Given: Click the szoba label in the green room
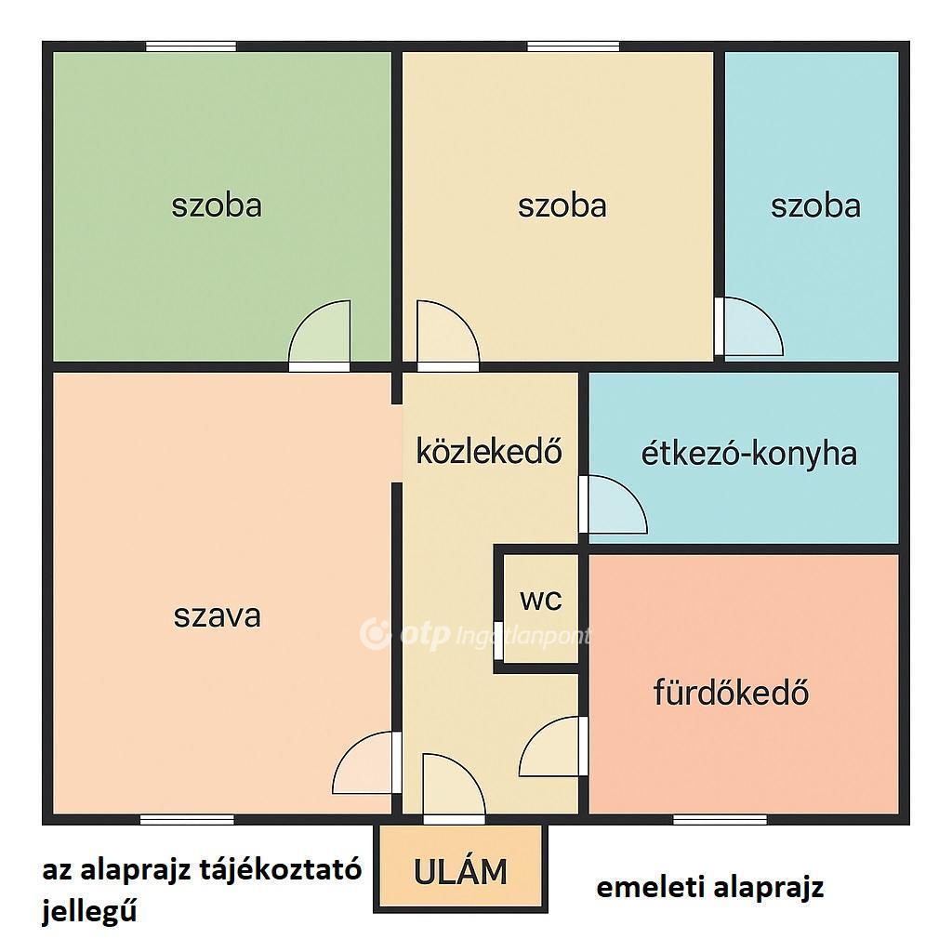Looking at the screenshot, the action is pyautogui.click(x=217, y=205).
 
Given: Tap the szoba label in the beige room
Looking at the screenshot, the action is pyautogui.click(x=562, y=205).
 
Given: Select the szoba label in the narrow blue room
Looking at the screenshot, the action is pyautogui.click(x=815, y=205).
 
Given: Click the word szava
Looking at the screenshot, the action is pyautogui.click(x=217, y=616).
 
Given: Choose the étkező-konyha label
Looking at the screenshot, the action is pyautogui.click(x=749, y=454).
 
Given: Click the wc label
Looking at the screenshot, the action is pyautogui.click(x=541, y=600).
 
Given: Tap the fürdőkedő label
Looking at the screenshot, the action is pyautogui.click(x=731, y=692).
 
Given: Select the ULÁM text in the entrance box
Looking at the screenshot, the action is pyautogui.click(x=460, y=872).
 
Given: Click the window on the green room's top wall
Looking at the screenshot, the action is pyautogui.click(x=191, y=46).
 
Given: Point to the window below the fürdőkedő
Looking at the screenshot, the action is pyautogui.click(x=721, y=820).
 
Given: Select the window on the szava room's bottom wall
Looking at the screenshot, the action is pyautogui.click(x=187, y=820).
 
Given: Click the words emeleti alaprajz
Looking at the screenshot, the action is pyautogui.click(x=709, y=888).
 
